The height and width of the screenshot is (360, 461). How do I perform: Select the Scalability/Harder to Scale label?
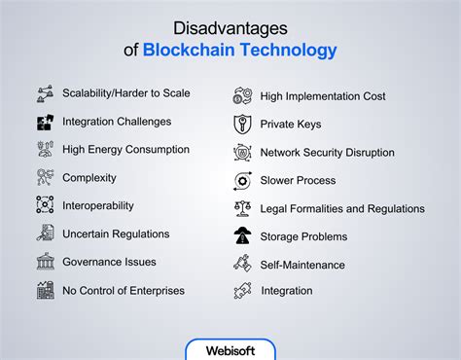point(125,93)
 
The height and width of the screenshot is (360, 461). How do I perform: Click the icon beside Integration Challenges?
point(45,122)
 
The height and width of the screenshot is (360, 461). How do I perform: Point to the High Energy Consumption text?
point(125,150)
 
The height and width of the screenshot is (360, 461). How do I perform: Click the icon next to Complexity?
point(45,178)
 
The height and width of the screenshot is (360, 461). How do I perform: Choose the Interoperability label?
point(98,205)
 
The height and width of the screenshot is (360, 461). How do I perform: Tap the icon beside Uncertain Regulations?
point(45,234)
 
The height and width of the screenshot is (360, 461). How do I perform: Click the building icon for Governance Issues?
point(45,262)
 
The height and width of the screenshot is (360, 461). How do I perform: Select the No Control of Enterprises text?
point(124,289)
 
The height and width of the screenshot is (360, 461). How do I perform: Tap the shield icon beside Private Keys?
point(242,124)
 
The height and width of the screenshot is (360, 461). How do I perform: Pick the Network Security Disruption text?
point(327,152)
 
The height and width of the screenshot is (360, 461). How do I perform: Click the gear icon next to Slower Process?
point(242,180)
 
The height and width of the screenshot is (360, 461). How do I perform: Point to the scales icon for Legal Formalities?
point(242,208)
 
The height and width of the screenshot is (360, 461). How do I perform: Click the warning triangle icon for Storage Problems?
point(242,235)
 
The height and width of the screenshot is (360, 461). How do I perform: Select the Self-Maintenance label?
point(301,264)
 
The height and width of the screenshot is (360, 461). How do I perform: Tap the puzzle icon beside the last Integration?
point(242,290)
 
